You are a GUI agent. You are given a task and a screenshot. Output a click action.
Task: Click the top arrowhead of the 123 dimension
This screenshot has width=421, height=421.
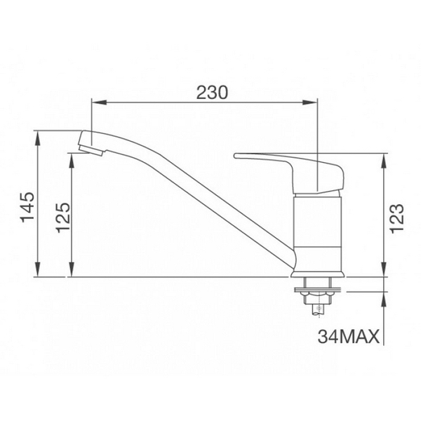tap(383, 157)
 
